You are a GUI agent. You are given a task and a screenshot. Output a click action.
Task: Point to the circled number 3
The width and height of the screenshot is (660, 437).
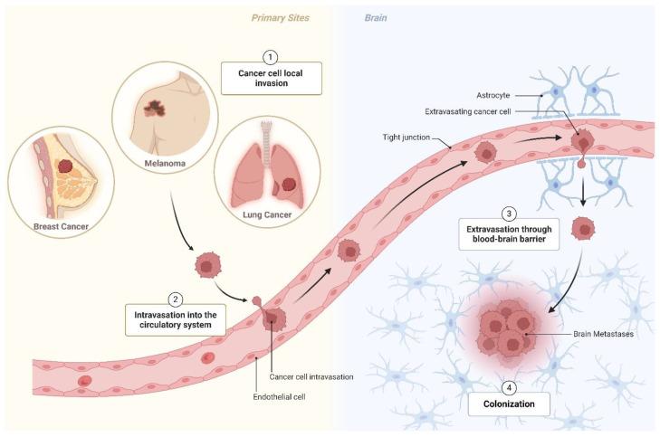[x=510, y=214]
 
